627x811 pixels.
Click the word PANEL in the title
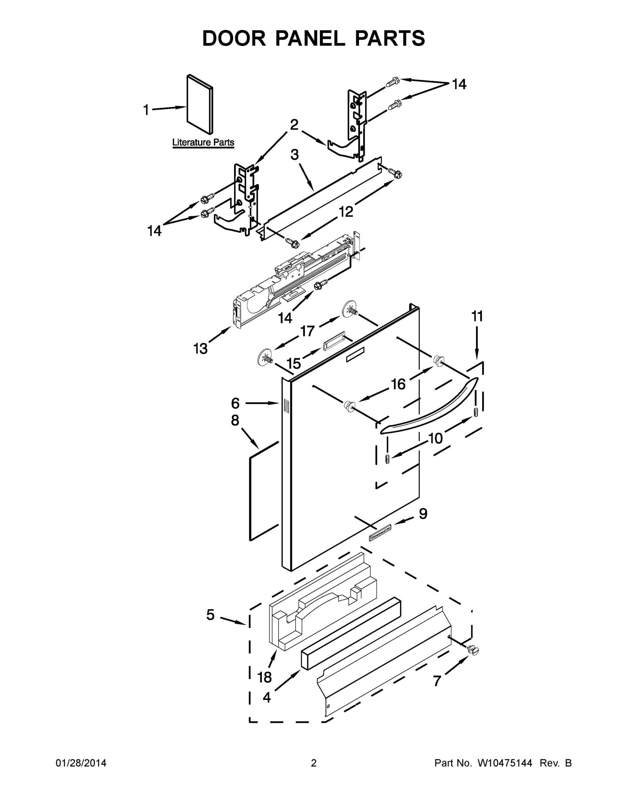click(310, 38)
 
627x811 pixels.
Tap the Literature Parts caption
click(203, 142)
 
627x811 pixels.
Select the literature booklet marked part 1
click(199, 104)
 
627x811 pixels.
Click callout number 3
click(294, 154)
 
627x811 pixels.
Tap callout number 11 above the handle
click(477, 316)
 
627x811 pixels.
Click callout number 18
click(264, 677)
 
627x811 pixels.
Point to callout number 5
click(211, 615)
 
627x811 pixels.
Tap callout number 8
click(235, 420)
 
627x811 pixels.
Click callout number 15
click(293, 364)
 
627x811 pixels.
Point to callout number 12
click(345, 212)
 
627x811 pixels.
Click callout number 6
click(236, 403)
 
